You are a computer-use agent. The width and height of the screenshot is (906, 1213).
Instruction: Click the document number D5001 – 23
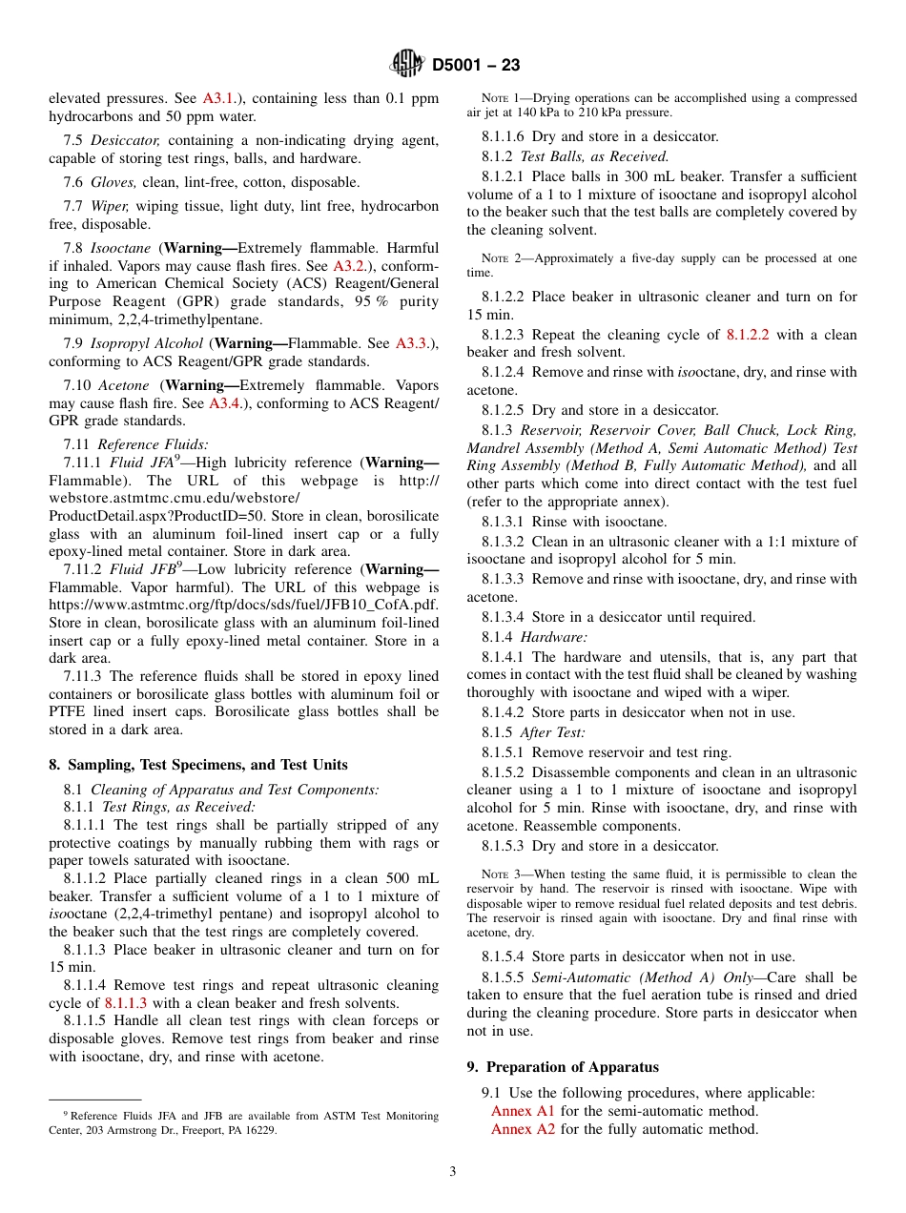tap(476, 66)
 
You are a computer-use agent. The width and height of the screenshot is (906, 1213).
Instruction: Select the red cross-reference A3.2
tap(350, 266)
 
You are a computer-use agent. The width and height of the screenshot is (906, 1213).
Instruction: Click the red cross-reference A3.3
tap(412, 343)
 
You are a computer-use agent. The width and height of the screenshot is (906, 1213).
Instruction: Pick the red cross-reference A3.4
tap(226, 403)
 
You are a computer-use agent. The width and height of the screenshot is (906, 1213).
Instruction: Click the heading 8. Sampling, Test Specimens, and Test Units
tap(198, 765)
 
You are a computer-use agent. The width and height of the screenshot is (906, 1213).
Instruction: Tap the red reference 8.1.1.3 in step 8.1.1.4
tap(126, 1003)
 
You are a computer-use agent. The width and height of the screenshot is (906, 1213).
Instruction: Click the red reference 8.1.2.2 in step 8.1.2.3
tap(748, 335)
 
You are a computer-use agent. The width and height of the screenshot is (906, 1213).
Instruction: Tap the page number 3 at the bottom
tap(453, 1172)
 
